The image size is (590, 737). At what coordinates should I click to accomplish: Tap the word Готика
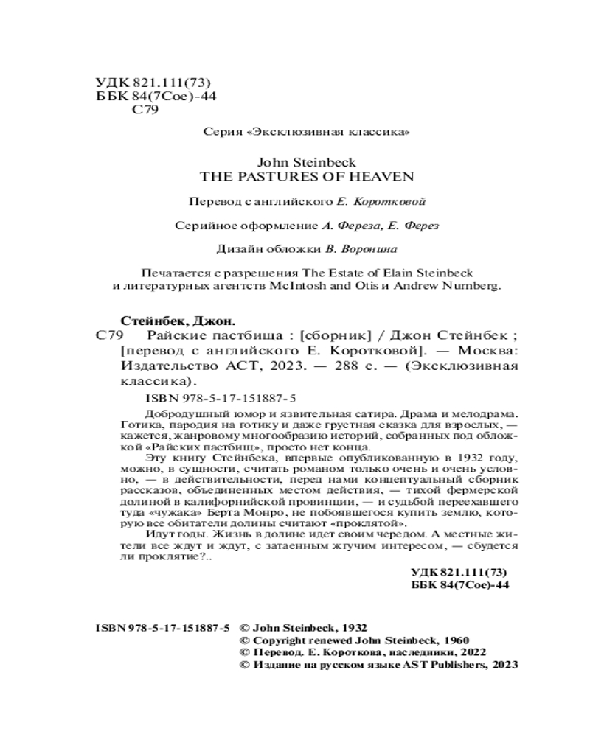pos(139,425)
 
